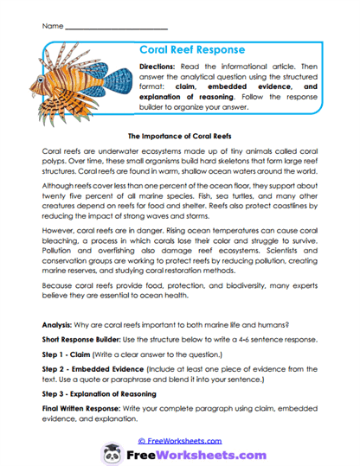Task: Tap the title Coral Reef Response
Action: tap(191, 50)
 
